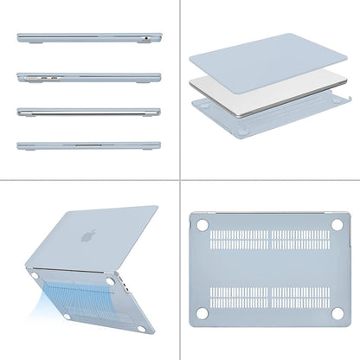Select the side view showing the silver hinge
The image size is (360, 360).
click(88, 112)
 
